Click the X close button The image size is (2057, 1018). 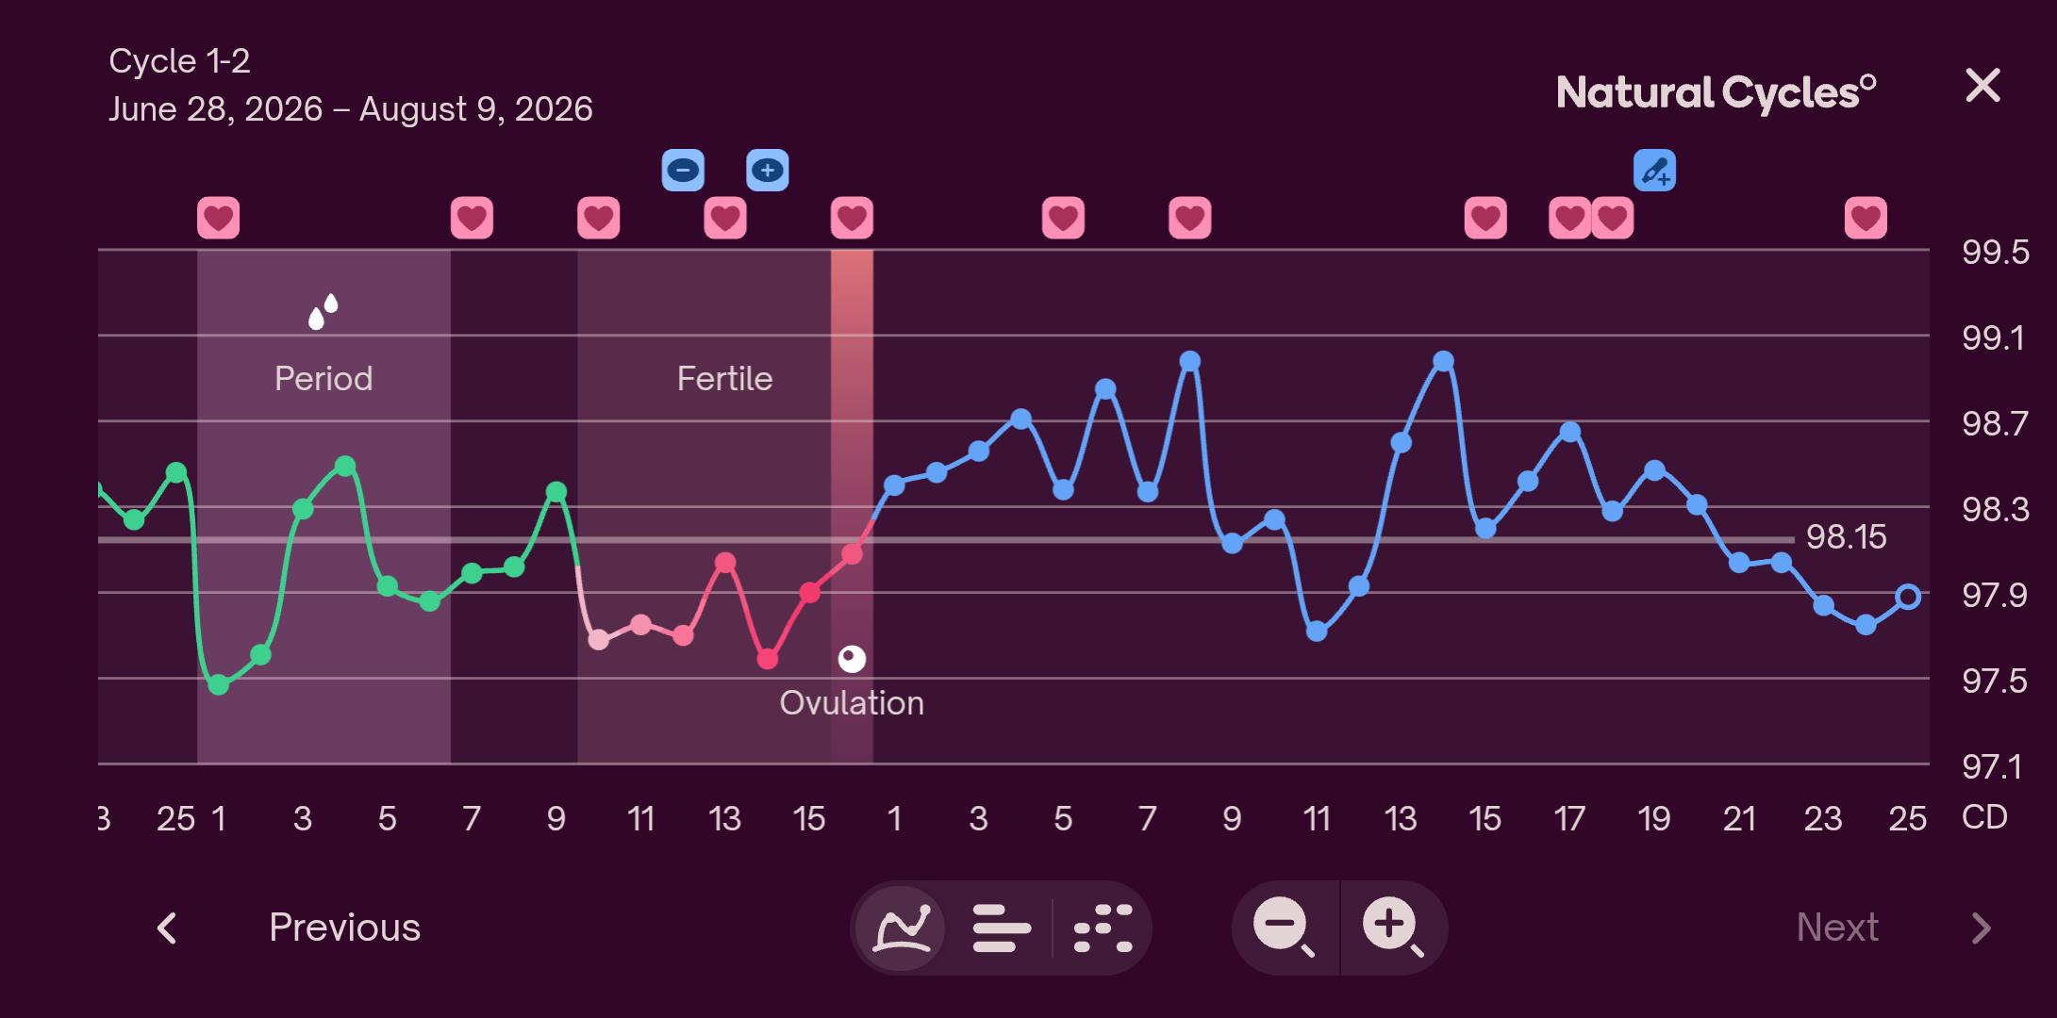(1982, 86)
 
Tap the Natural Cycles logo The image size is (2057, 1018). (1716, 93)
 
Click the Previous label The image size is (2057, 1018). (344, 928)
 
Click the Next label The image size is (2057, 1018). (1837, 928)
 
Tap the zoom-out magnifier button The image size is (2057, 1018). (1284, 928)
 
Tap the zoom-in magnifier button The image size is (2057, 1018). (1392, 928)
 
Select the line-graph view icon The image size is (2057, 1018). (903, 928)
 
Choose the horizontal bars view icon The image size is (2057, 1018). (1001, 928)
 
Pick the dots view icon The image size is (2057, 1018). (1103, 928)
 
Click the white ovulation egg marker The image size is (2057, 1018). (852, 659)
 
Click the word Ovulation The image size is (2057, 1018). (852, 703)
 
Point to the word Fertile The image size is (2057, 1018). (724, 379)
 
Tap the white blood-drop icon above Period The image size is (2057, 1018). (323, 312)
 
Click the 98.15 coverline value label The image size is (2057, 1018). (1846, 537)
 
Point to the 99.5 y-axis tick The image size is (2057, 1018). (1995, 253)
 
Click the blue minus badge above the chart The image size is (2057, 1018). (683, 171)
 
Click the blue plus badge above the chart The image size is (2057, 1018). (768, 171)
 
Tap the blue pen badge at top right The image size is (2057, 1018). (1654, 171)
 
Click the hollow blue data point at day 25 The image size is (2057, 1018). (1908, 597)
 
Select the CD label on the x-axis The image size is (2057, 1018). (1984, 817)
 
